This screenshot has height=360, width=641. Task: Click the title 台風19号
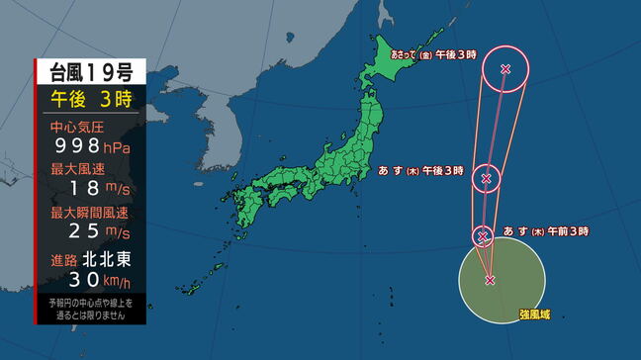click(x=90, y=71)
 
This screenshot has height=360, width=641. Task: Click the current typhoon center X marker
click(x=490, y=280)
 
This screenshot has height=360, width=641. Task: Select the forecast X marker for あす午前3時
click(x=483, y=236)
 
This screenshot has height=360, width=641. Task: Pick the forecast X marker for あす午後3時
click(x=486, y=179)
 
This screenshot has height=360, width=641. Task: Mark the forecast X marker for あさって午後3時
click(x=505, y=68)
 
